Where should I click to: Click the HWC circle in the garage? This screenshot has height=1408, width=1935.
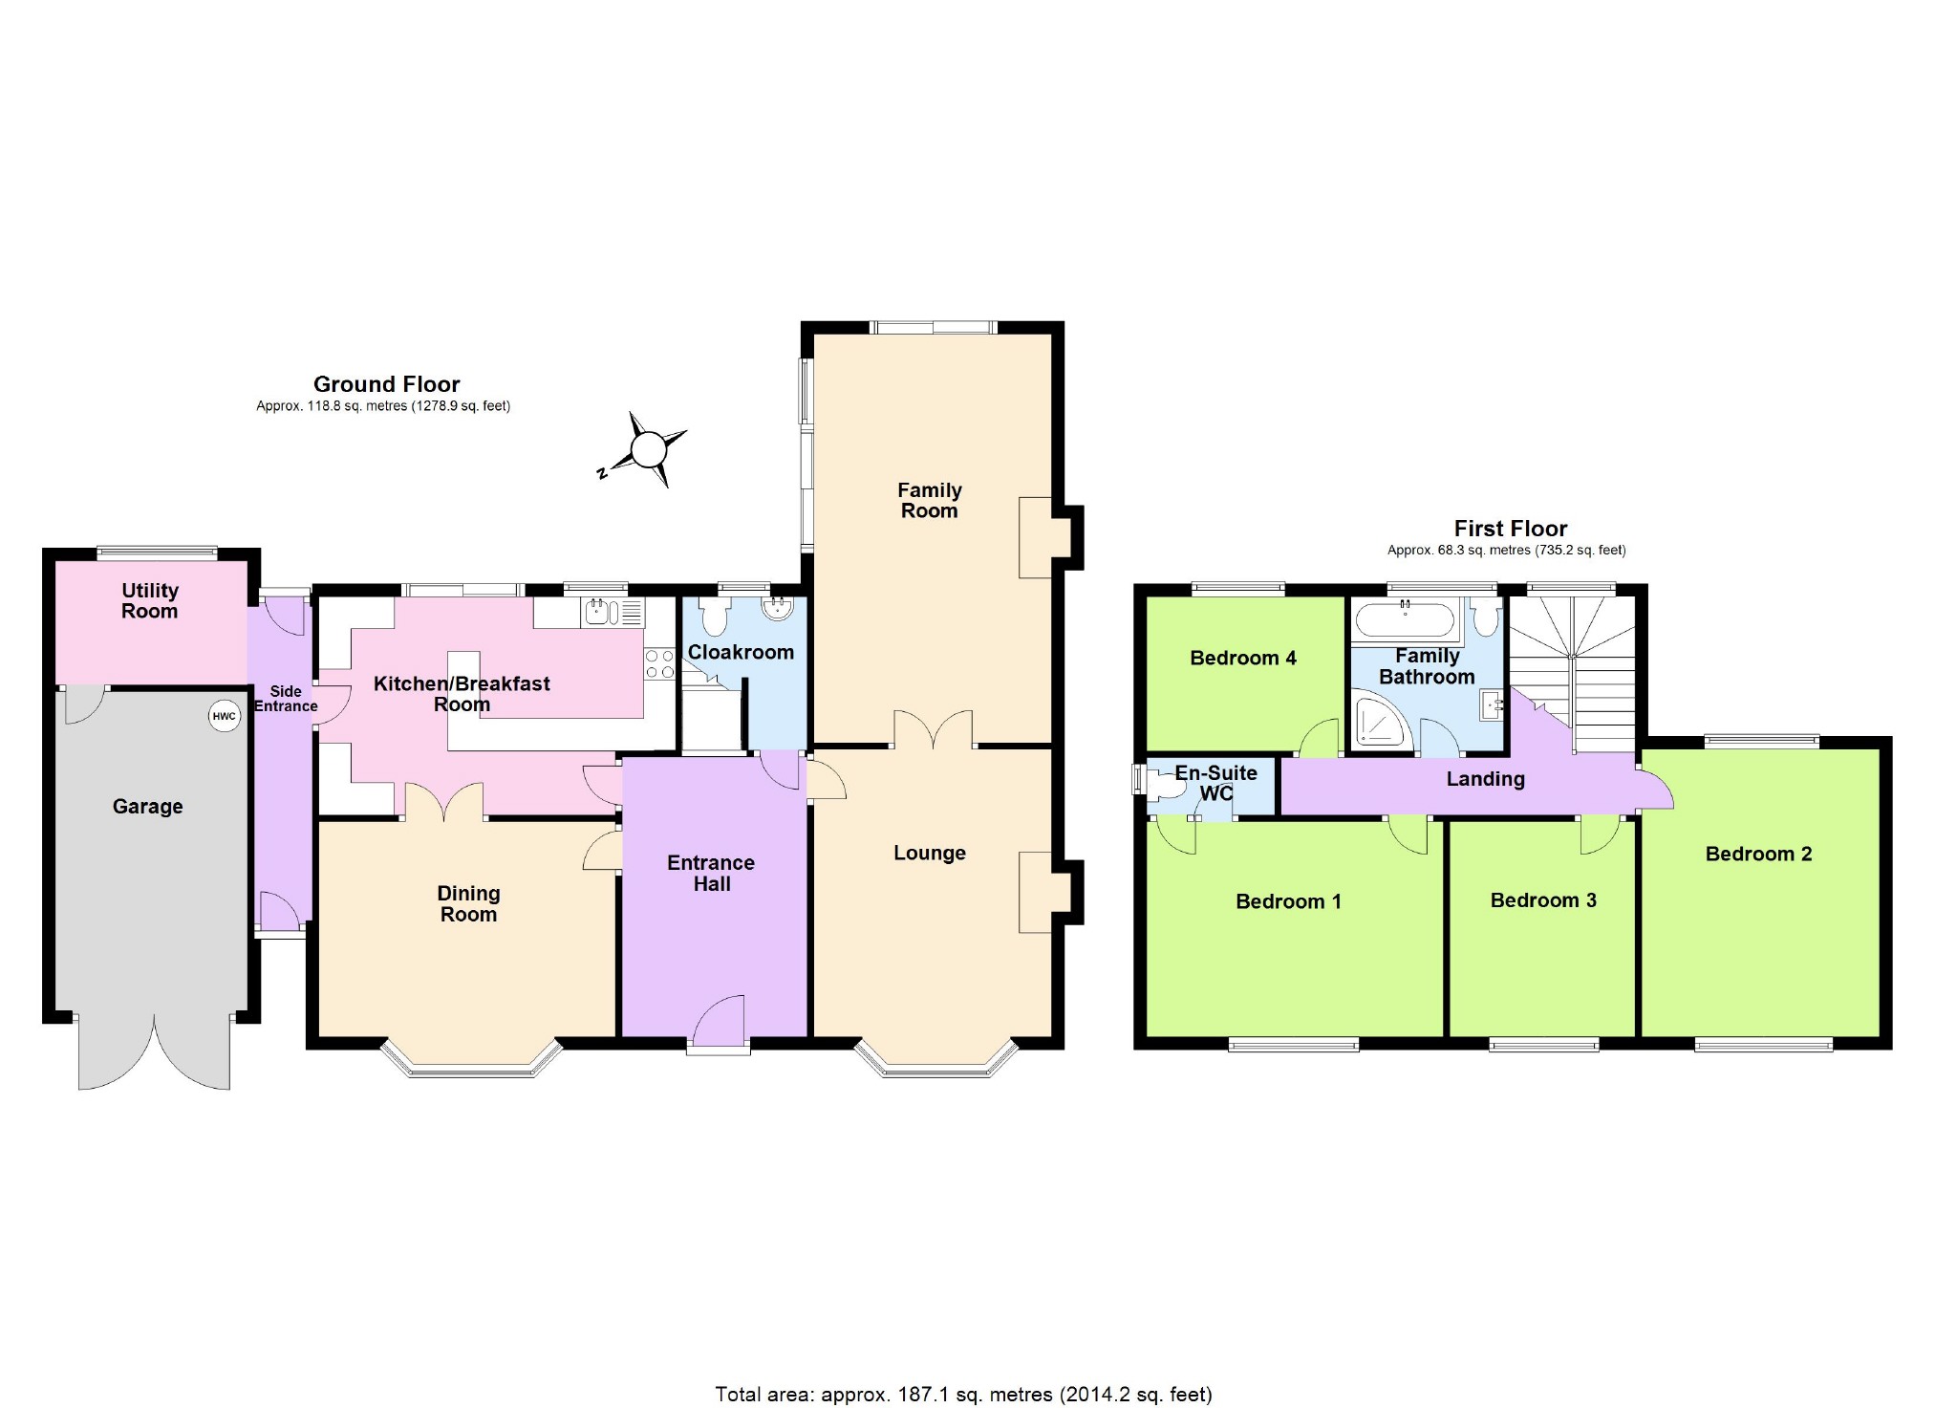pos(224,716)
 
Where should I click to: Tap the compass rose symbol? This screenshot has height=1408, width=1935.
pos(647,449)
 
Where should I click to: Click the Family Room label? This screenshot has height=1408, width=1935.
pos(929,500)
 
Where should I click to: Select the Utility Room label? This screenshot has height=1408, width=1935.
pos(149,600)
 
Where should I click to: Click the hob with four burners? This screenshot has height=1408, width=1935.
pos(659,664)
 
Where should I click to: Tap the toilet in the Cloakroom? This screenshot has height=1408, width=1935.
pos(714,617)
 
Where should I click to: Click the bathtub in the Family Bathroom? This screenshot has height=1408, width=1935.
pos(1405,620)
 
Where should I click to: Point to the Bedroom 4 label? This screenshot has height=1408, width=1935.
pos(1242,658)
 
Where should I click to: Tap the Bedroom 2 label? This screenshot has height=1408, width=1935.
pos(1758,854)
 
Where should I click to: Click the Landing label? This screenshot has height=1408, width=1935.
pos(1485,779)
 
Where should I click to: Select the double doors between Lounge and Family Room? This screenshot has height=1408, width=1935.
pos(934,731)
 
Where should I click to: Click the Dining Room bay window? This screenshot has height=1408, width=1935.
pos(470,1063)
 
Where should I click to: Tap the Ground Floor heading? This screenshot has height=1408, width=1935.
pos(386,384)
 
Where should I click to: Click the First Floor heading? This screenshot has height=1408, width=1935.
pos(1510,529)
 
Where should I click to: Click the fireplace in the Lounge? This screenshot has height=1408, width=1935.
pos(1036,892)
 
